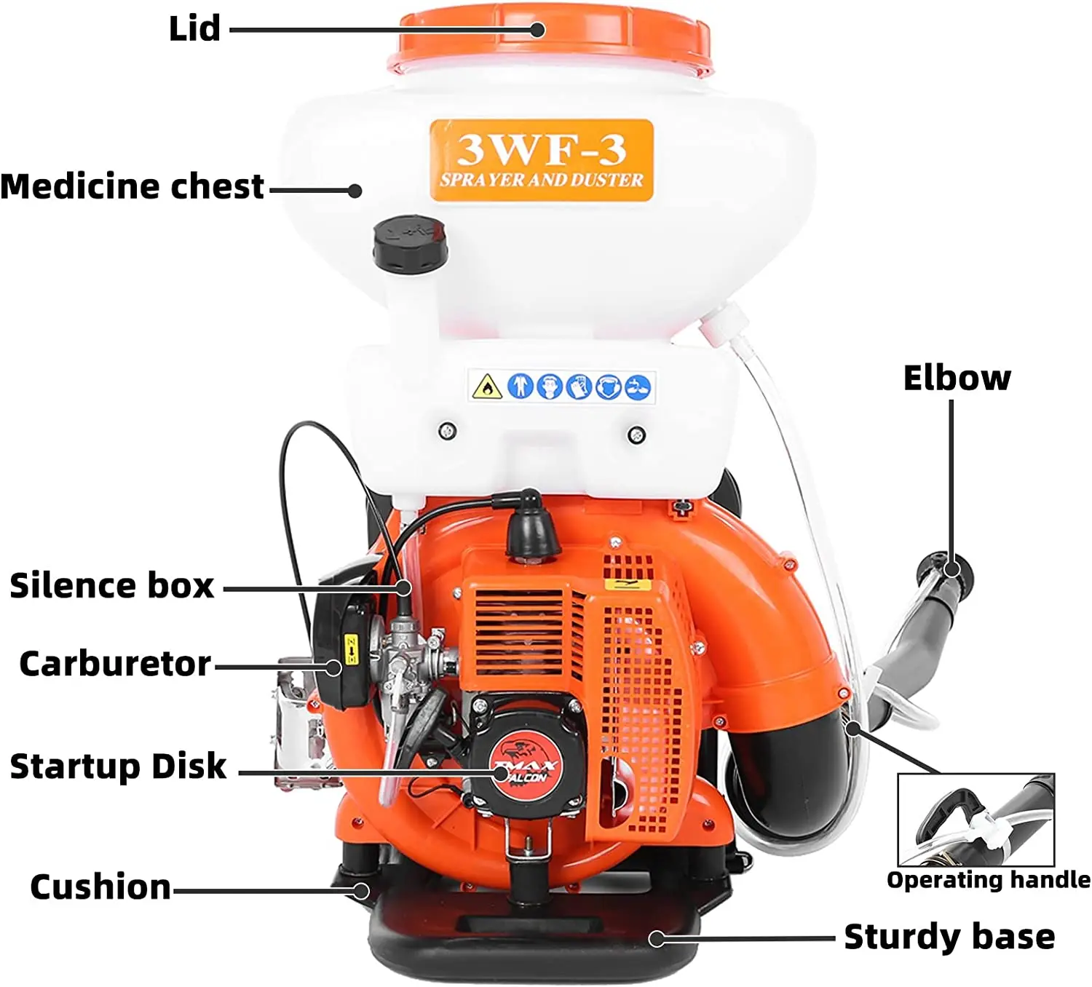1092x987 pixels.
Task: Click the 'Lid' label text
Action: pos(194,29)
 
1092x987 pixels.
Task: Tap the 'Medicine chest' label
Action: pos(132,186)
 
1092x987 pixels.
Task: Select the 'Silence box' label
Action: pos(111,586)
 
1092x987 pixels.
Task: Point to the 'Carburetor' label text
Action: pos(114,664)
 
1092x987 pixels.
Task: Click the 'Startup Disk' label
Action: pos(118,766)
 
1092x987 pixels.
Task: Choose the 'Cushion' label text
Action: pos(100,887)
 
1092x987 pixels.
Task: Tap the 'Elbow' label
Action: pos(957,378)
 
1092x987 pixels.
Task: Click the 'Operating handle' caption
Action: pos(988,880)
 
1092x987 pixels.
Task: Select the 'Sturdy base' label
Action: pos(949,937)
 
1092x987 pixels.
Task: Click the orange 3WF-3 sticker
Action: pos(541,160)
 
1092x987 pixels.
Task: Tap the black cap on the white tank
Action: pos(410,244)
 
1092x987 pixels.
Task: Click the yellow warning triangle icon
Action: pos(486,387)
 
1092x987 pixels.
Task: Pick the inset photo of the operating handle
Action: pos(976,820)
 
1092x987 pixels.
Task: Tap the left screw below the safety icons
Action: pos(448,431)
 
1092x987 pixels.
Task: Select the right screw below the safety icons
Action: pos(636,435)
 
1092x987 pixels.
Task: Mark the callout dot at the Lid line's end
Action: pos(537,30)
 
